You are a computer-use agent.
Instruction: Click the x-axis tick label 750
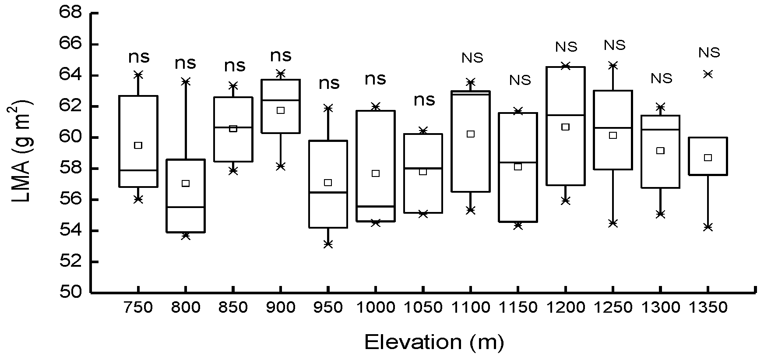(x=138, y=307)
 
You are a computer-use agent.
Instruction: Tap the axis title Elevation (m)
(x=434, y=342)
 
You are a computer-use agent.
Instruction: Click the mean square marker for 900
(x=281, y=110)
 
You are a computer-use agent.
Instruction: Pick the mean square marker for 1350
(x=708, y=158)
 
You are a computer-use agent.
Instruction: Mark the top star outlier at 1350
(x=708, y=74)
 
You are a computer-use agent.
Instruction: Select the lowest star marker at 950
(x=328, y=244)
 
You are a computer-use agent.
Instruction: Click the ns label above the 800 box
(x=186, y=64)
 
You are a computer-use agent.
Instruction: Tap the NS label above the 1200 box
(x=567, y=47)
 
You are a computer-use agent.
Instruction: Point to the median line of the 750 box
(x=138, y=170)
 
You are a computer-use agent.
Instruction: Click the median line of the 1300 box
(x=660, y=130)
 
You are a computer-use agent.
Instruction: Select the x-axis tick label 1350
(x=708, y=307)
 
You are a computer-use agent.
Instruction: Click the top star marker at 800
(x=186, y=81)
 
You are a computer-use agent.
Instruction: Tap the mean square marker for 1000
(x=376, y=173)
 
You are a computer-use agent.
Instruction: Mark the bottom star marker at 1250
(x=613, y=223)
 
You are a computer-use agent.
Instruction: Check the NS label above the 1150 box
(x=520, y=80)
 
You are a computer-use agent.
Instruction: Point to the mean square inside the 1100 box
(x=471, y=134)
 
